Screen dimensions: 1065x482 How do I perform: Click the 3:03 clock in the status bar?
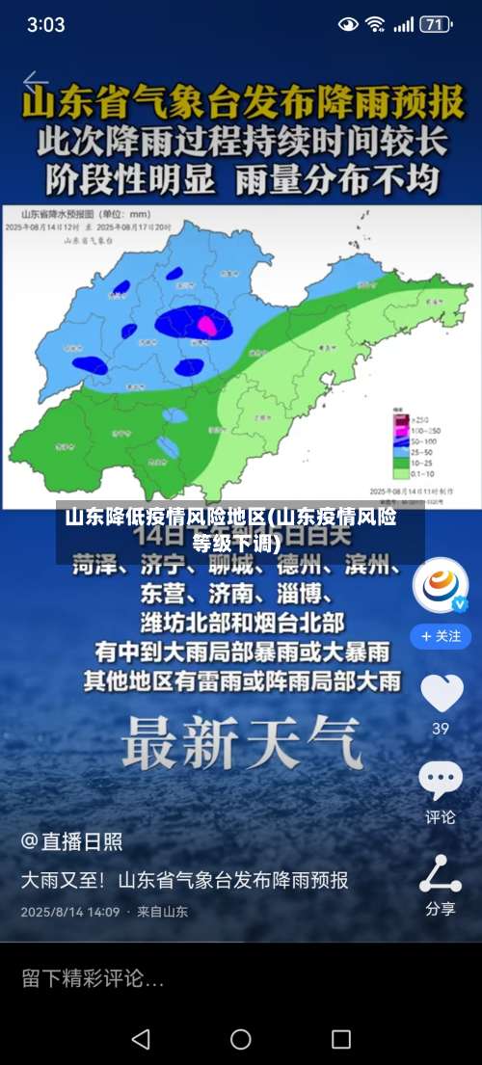pos(45,24)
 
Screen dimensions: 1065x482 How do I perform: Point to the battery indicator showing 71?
pos(436,24)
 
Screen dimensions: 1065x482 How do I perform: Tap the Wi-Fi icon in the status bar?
pos(375,24)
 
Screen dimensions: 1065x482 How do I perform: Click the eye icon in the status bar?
pos(348,24)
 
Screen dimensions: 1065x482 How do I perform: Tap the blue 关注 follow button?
pos(441,636)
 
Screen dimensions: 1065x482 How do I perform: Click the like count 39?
pos(441,729)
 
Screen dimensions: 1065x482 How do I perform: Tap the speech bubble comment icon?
pos(441,780)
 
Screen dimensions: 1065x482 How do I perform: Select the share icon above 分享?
pos(441,873)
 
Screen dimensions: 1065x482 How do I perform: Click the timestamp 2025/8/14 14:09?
pos(70,911)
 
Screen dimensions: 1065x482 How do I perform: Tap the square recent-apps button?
pos(340,1039)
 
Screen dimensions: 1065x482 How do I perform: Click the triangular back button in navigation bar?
pos(141,1039)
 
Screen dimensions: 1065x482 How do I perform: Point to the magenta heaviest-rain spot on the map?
pos(205,326)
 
